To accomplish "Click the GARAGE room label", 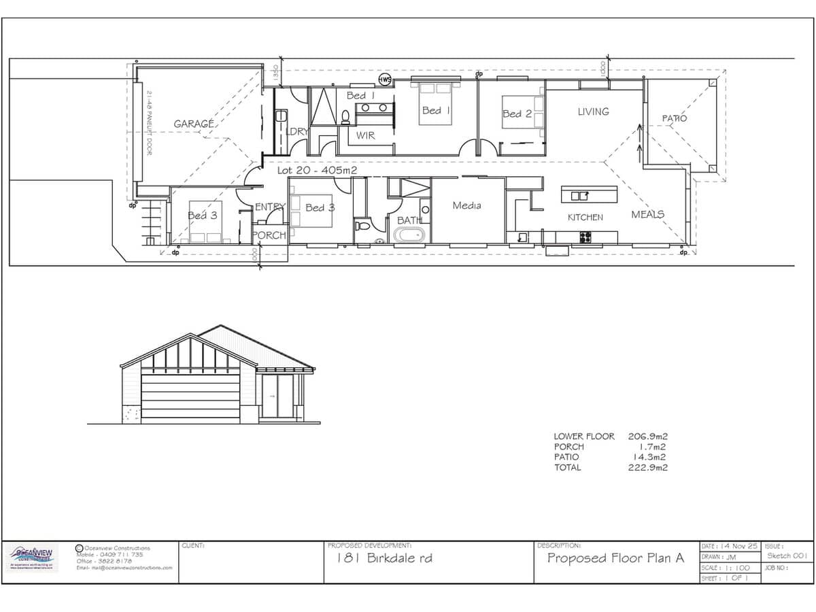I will pos(194,124).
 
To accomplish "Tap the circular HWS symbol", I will pos(385,80).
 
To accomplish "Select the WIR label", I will pos(366,135).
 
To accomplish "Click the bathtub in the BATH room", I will pos(409,236).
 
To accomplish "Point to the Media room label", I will pos(466,205).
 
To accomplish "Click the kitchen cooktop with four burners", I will pos(585,237).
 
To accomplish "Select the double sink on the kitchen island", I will pos(580,196).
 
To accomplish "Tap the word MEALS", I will pos(647,214).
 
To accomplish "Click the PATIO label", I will pos(675,118).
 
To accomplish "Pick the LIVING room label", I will pos(593,112).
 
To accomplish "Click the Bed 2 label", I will pos(517,114).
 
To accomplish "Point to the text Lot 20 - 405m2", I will pos(317,170).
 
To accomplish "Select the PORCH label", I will pos(269,235).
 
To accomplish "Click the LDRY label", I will pos(297,132).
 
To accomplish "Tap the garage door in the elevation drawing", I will pos(190,396).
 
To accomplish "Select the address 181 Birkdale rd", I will pos(385,559).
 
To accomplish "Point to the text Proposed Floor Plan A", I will pos(615,558).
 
